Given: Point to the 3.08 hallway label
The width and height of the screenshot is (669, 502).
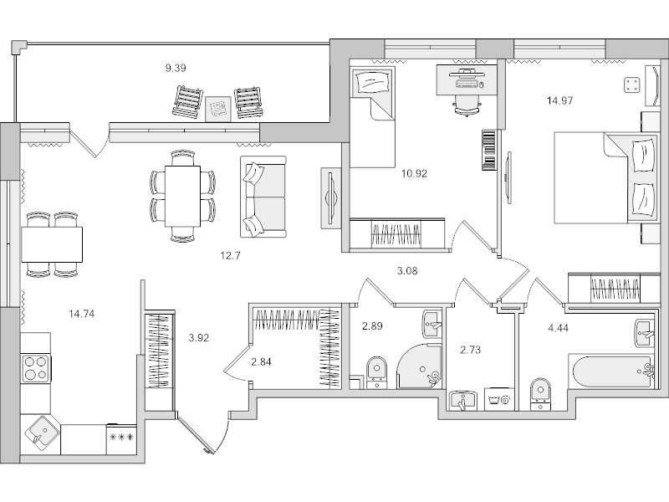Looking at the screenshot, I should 406,269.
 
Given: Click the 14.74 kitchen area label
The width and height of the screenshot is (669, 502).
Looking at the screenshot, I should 81,314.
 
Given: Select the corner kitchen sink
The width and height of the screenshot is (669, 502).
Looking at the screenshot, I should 41,433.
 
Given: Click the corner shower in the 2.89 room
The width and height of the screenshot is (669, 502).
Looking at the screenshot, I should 422,369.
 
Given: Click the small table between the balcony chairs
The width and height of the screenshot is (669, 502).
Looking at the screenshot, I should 218,107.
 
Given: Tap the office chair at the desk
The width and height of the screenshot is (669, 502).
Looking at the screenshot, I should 465,105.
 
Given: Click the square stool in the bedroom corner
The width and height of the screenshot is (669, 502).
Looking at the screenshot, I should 631,85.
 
